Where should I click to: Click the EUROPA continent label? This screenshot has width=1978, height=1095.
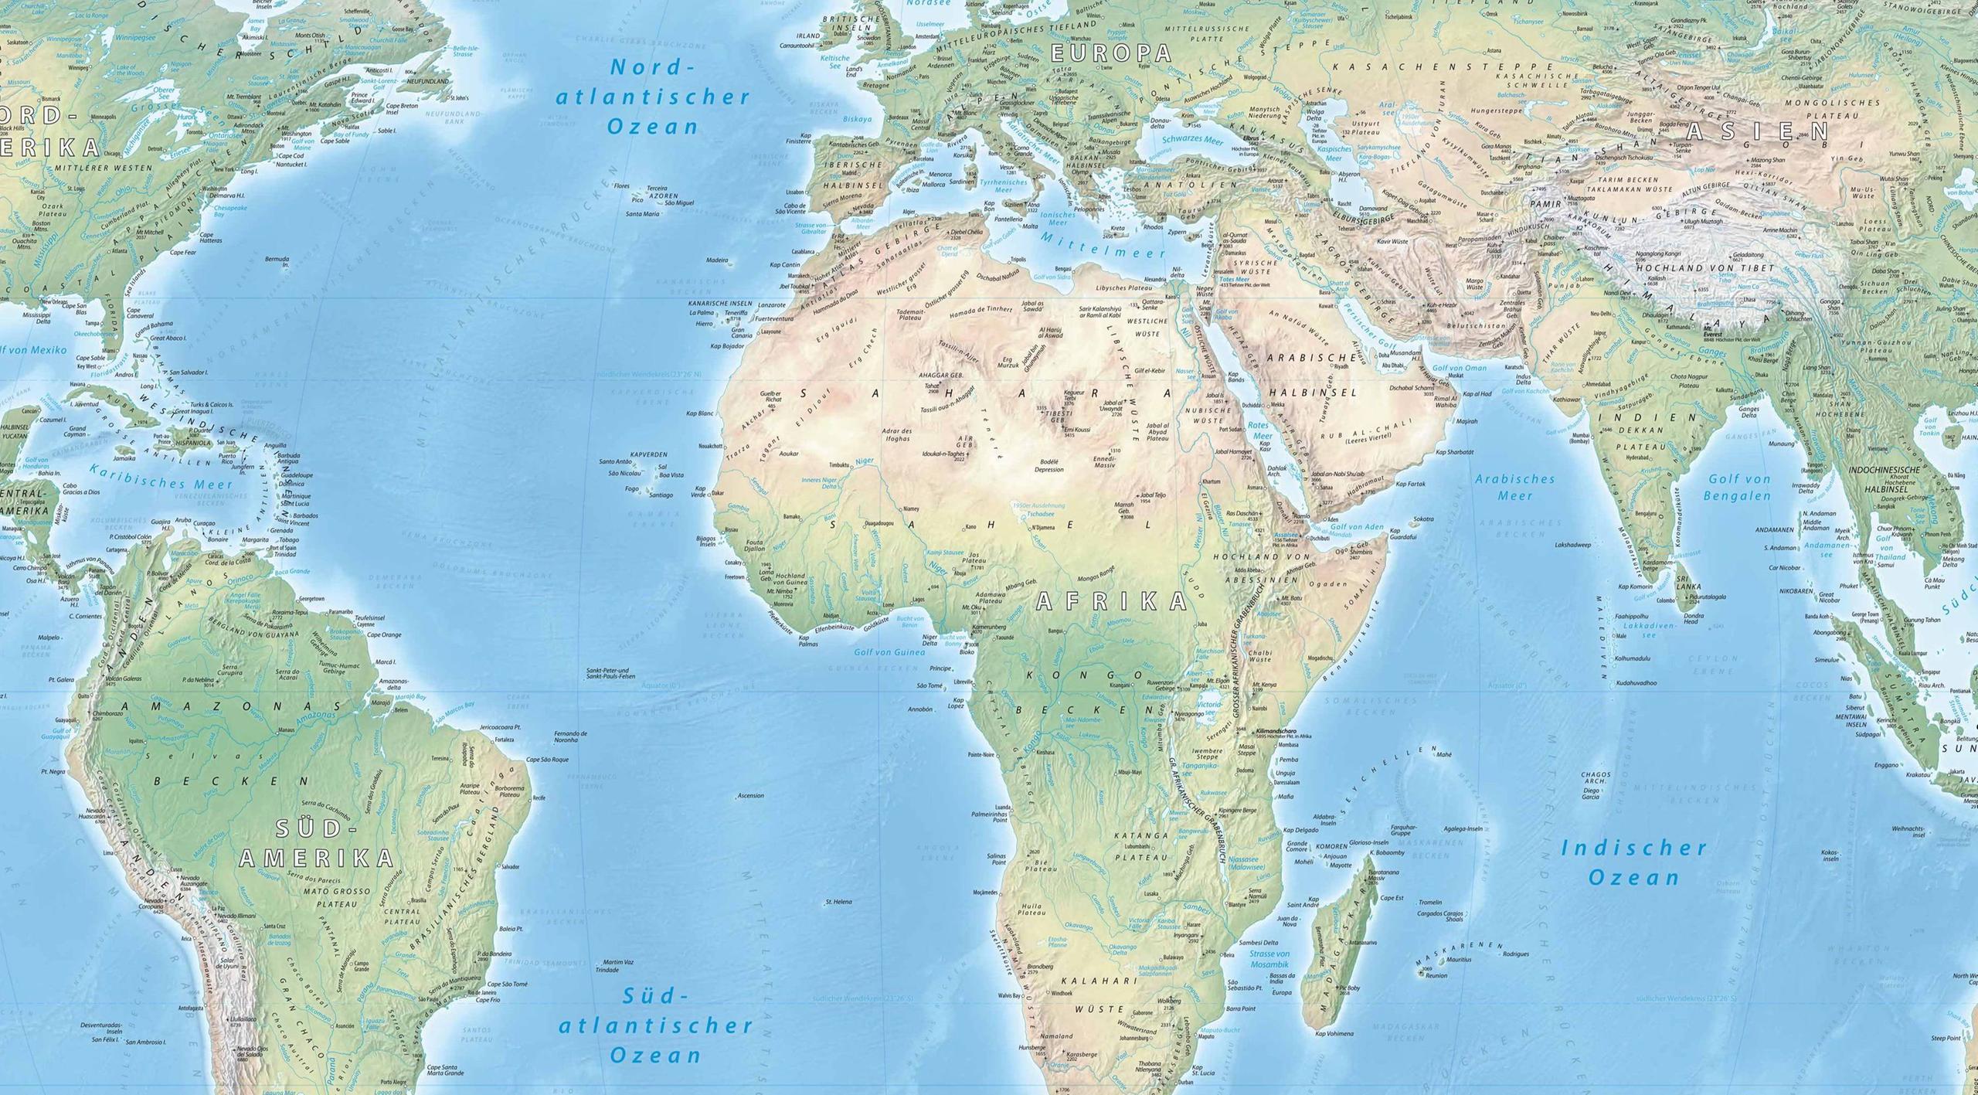click(x=1113, y=53)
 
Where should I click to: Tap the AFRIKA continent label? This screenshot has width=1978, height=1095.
click(x=1111, y=600)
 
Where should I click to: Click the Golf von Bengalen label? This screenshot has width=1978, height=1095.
click(x=1738, y=487)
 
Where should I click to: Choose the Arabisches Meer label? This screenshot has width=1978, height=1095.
click(x=1514, y=487)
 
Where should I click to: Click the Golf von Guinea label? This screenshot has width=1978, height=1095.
click(x=889, y=652)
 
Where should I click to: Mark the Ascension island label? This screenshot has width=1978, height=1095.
click(x=751, y=795)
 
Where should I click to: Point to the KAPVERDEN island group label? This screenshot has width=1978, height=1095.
click(x=648, y=455)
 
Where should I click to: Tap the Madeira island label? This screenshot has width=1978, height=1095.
click(x=717, y=260)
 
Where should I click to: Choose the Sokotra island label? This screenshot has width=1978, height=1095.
click(x=1423, y=519)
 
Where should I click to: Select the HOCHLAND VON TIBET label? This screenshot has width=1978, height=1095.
click(x=1729, y=267)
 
